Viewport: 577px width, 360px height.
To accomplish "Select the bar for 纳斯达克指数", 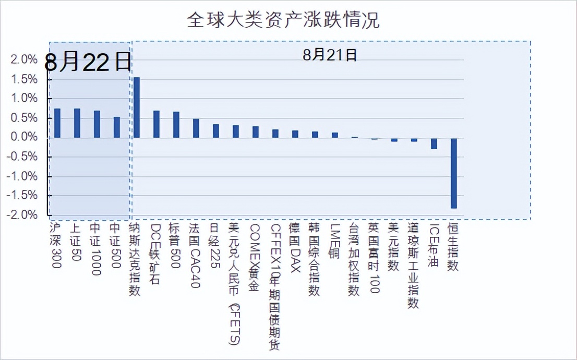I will pyautogui.click(x=137, y=107).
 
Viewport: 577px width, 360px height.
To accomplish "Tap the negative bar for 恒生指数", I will pyautogui.click(x=454, y=173).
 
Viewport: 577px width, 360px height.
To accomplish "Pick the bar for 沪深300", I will pyautogui.click(x=57, y=123).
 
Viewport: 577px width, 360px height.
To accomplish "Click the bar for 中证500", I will pyautogui.click(x=117, y=127).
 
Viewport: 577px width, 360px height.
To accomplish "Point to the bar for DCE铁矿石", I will pyautogui.click(x=157, y=124).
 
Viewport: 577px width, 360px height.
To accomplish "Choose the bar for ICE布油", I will pyautogui.click(x=434, y=143).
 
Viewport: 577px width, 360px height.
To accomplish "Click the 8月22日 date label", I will pyautogui.click(x=88, y=63).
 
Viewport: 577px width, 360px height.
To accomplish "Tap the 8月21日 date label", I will pyautogui.click(x=330, y=55).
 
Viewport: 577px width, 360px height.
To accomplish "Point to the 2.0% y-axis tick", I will pyautogui.click(x=24, y=59).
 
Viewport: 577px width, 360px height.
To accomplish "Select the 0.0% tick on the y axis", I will pyautogui.click(x=24, y=137).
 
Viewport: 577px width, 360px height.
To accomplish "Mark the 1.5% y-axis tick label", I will pyautogui.click(x=24, y=79).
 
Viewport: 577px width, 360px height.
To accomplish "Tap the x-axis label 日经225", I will pyautogui.click(x=214, y=245).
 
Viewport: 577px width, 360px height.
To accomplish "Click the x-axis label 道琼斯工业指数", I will pyautogui.click(x=413, y=266).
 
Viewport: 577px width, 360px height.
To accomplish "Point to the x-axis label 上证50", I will pyautogui.click(x=76, y=243).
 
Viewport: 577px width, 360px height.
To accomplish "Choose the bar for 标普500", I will pyautogui.click(x=176, y=125).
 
